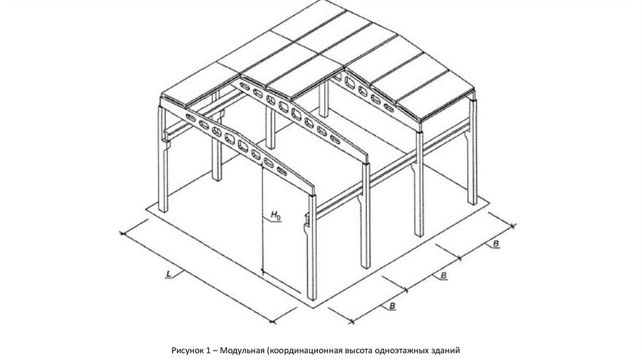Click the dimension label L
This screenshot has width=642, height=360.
(x=169, y=273)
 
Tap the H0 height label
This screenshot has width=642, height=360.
(x=276, y=214)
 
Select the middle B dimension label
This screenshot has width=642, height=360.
(x=443, y=275)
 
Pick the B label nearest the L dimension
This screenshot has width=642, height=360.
(x=392, y=306)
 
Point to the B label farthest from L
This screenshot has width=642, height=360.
(x=496, y=244)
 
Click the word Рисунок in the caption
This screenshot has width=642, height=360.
(x=186, y=351)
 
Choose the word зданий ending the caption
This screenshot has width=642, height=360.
(x=446, y=351)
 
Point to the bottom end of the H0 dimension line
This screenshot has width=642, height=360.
(x=261, y=271)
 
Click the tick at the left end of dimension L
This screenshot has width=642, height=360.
(x=122, y=233)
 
